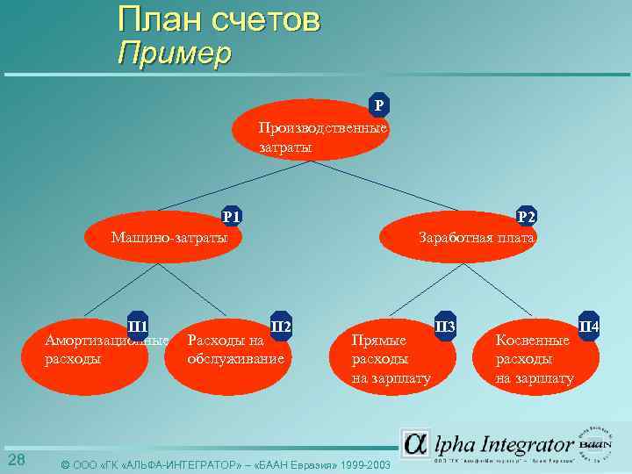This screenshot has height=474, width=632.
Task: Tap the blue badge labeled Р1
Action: click(232, 216)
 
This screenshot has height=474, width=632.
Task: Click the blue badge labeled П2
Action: click(281, 326)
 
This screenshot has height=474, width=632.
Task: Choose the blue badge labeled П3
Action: click(445, 327)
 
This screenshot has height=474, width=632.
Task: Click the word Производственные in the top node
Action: click(322, 128)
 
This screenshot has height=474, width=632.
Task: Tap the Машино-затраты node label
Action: click(169, 237)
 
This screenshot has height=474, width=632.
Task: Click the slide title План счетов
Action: click(219, 19)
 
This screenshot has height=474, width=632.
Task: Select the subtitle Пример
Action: click(174, 54)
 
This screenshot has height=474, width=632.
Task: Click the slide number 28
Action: click(16, 460)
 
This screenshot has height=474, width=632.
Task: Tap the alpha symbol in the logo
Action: click(415, 443)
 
